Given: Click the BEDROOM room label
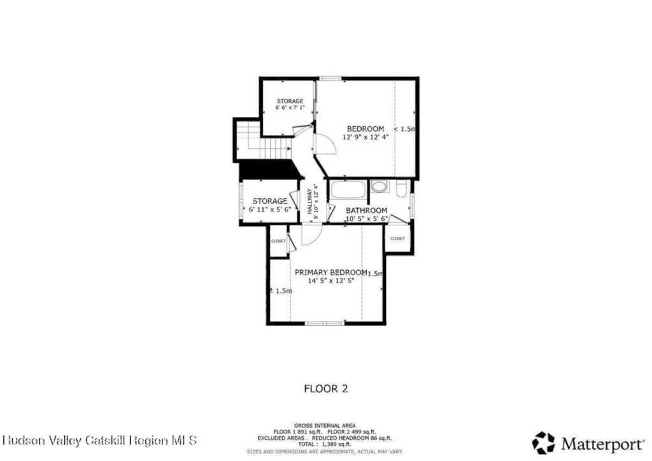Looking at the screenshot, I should click(365, 129).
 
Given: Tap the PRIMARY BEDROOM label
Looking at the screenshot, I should click(330, 272).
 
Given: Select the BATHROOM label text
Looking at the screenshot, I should click(366, 211).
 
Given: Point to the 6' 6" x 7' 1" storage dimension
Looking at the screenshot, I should click(290, 108).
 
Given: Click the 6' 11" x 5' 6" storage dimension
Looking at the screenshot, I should click(269, 209).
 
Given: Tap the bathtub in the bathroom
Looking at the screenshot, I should click(348, 190).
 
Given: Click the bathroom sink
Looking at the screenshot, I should click(379, 187).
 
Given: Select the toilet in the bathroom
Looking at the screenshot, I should click(401, 189).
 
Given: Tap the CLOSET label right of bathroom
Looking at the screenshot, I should click(397, 238).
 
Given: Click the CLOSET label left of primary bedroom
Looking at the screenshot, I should click(278, 241).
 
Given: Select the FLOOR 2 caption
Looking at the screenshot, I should click(325, 387).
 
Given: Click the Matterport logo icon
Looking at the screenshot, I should click(543, 442).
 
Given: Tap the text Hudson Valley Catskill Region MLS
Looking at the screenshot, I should click(100, 440).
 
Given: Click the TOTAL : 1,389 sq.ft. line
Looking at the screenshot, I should click(325, 444).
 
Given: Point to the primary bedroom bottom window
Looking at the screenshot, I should click(324, 323).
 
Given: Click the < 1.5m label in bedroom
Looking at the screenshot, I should click(404, 129).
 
